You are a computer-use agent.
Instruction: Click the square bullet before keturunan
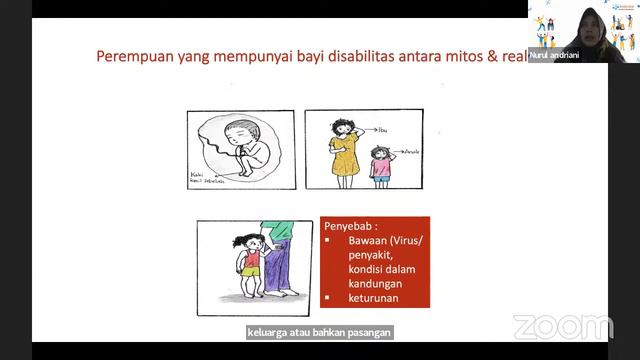point(328,297)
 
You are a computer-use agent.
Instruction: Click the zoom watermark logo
point(562,327)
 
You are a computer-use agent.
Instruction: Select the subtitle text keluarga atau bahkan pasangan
point(319,332)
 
